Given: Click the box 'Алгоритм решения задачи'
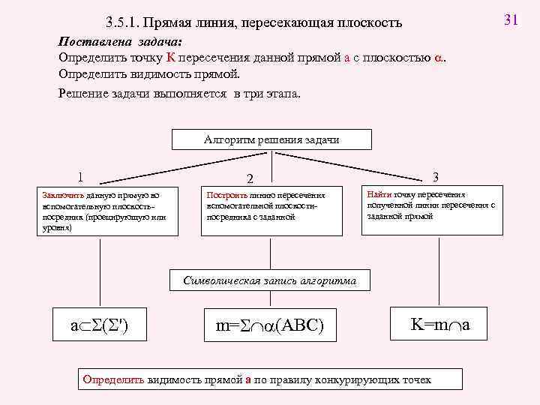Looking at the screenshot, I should (x=261, y=140).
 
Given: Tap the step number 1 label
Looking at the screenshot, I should (x=79, y=178).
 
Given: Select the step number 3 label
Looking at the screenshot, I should (x=436, y=177).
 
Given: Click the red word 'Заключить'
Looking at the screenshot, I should (x=58, y=194).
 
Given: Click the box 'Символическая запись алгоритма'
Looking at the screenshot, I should (x=270, y=281).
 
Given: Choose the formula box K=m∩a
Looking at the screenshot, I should (x=439, y=325).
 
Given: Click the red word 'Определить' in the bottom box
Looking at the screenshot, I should (x=114, y=379).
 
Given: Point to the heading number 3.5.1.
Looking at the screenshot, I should (x=124, y=23).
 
